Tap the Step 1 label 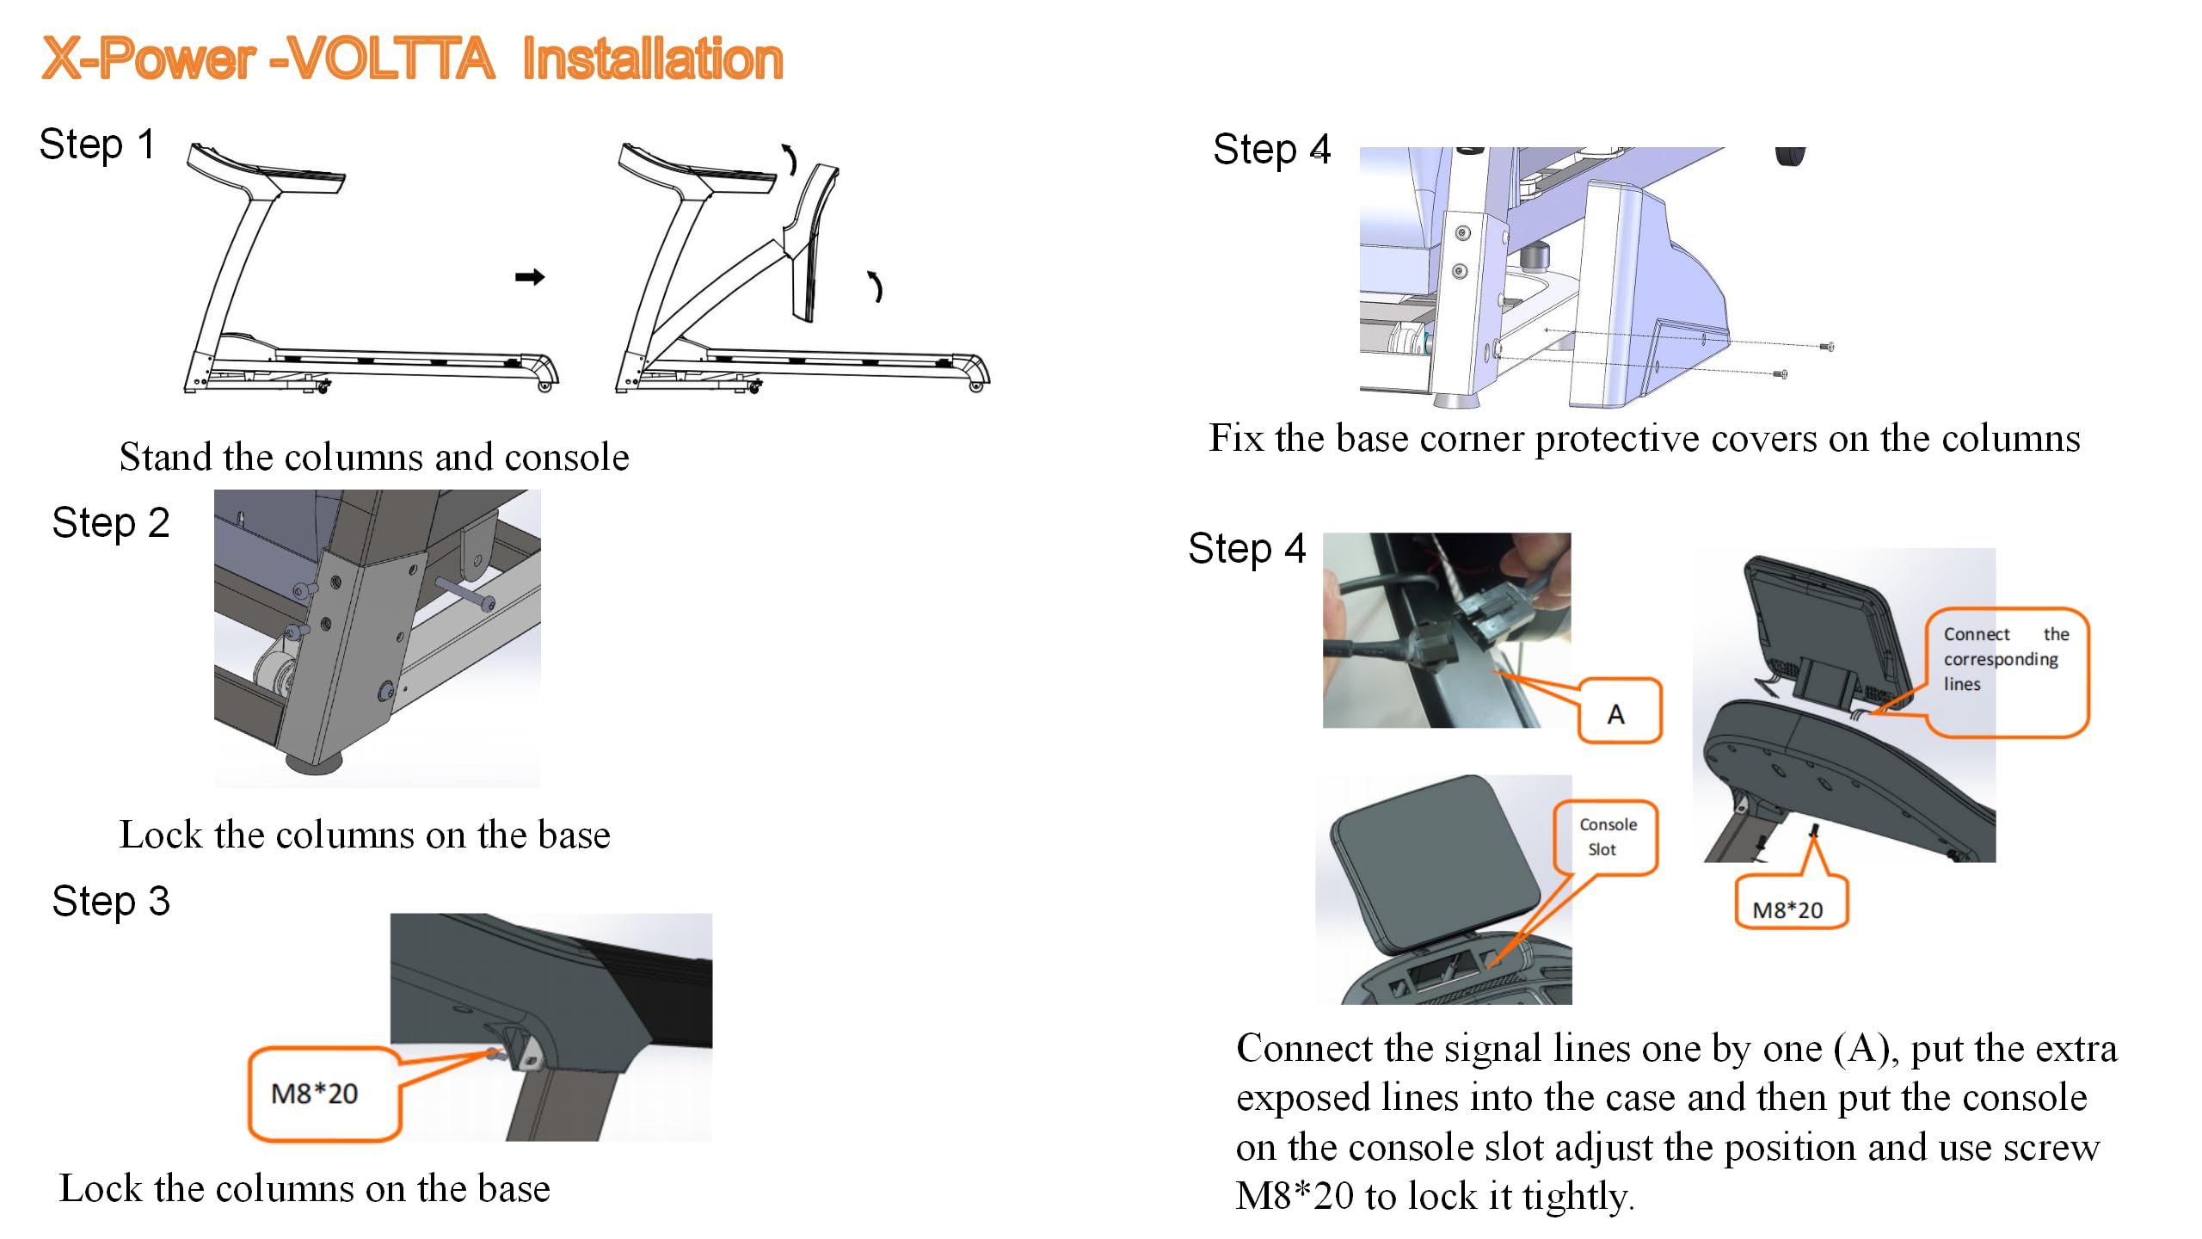(x=96, y=144)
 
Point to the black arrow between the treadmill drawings (x=530, y=276)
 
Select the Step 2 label (x=110, y=522)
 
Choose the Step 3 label (x=110, y=901)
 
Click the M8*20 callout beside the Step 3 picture (x=315, y=1094)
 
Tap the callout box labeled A (x=1618, y=712)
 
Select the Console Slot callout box (x=1606, y=836)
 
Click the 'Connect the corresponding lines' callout (x=2005, y=660)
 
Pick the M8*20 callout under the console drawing (x=1788, y=909)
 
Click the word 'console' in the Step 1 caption (x=567, y=457)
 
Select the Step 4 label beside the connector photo (x=1246, y=548)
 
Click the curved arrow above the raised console (x=789, y=159)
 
